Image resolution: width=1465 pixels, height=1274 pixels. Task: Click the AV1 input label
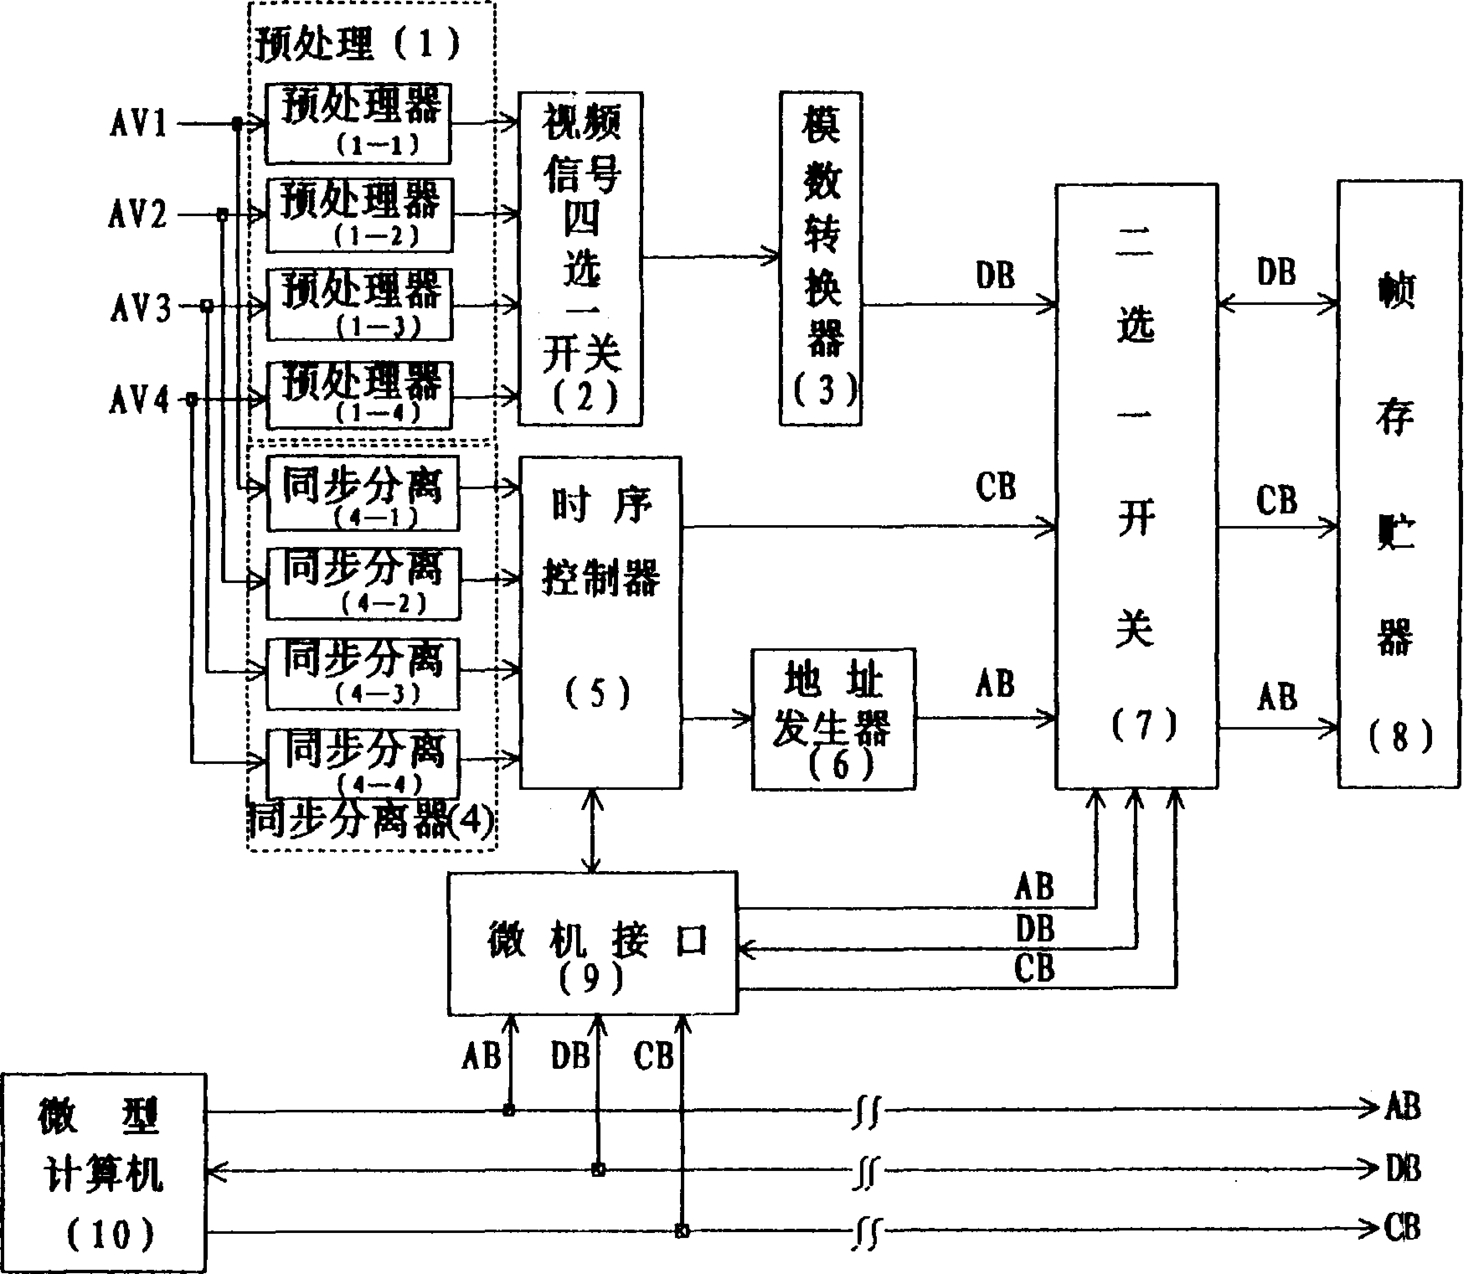(139, 123)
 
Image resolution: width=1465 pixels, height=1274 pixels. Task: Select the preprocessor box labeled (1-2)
(360, 215)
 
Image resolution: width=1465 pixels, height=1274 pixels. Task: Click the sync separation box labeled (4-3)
(363, 673)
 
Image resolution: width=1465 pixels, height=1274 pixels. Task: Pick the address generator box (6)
(833, 719)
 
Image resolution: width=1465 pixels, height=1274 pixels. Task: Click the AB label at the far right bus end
(1402, 1107)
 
